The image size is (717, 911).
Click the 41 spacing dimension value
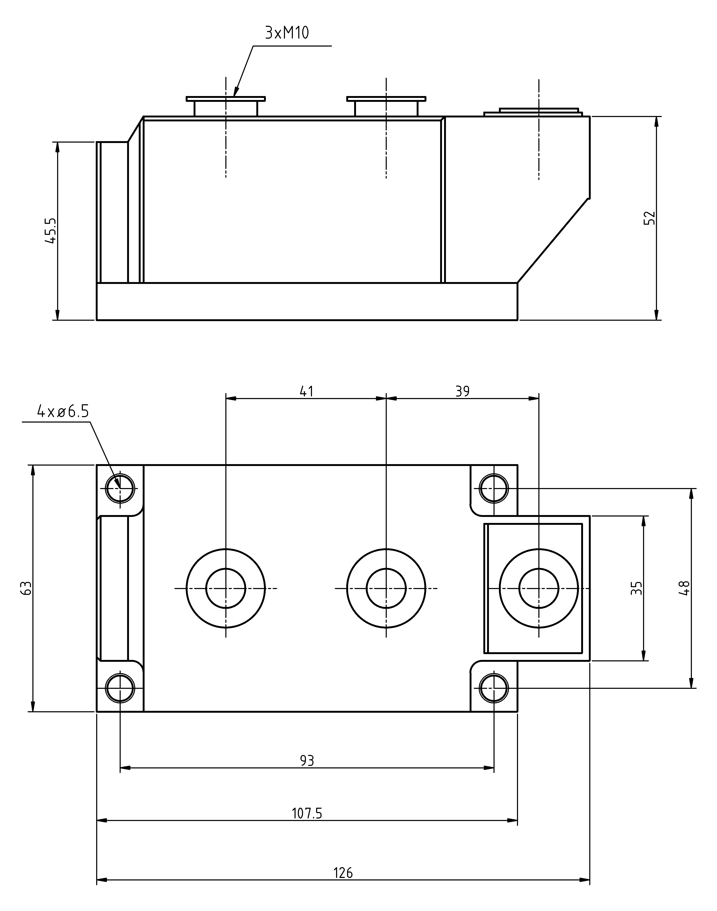pyautogui.click(x=306, y=391)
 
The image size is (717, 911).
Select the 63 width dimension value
pyautogui.click(x=26, y=588)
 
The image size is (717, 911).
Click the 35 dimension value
pyautogui.click(x=636, y=588)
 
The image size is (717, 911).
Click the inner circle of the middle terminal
pyautogui.click(x=386, y=588)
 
